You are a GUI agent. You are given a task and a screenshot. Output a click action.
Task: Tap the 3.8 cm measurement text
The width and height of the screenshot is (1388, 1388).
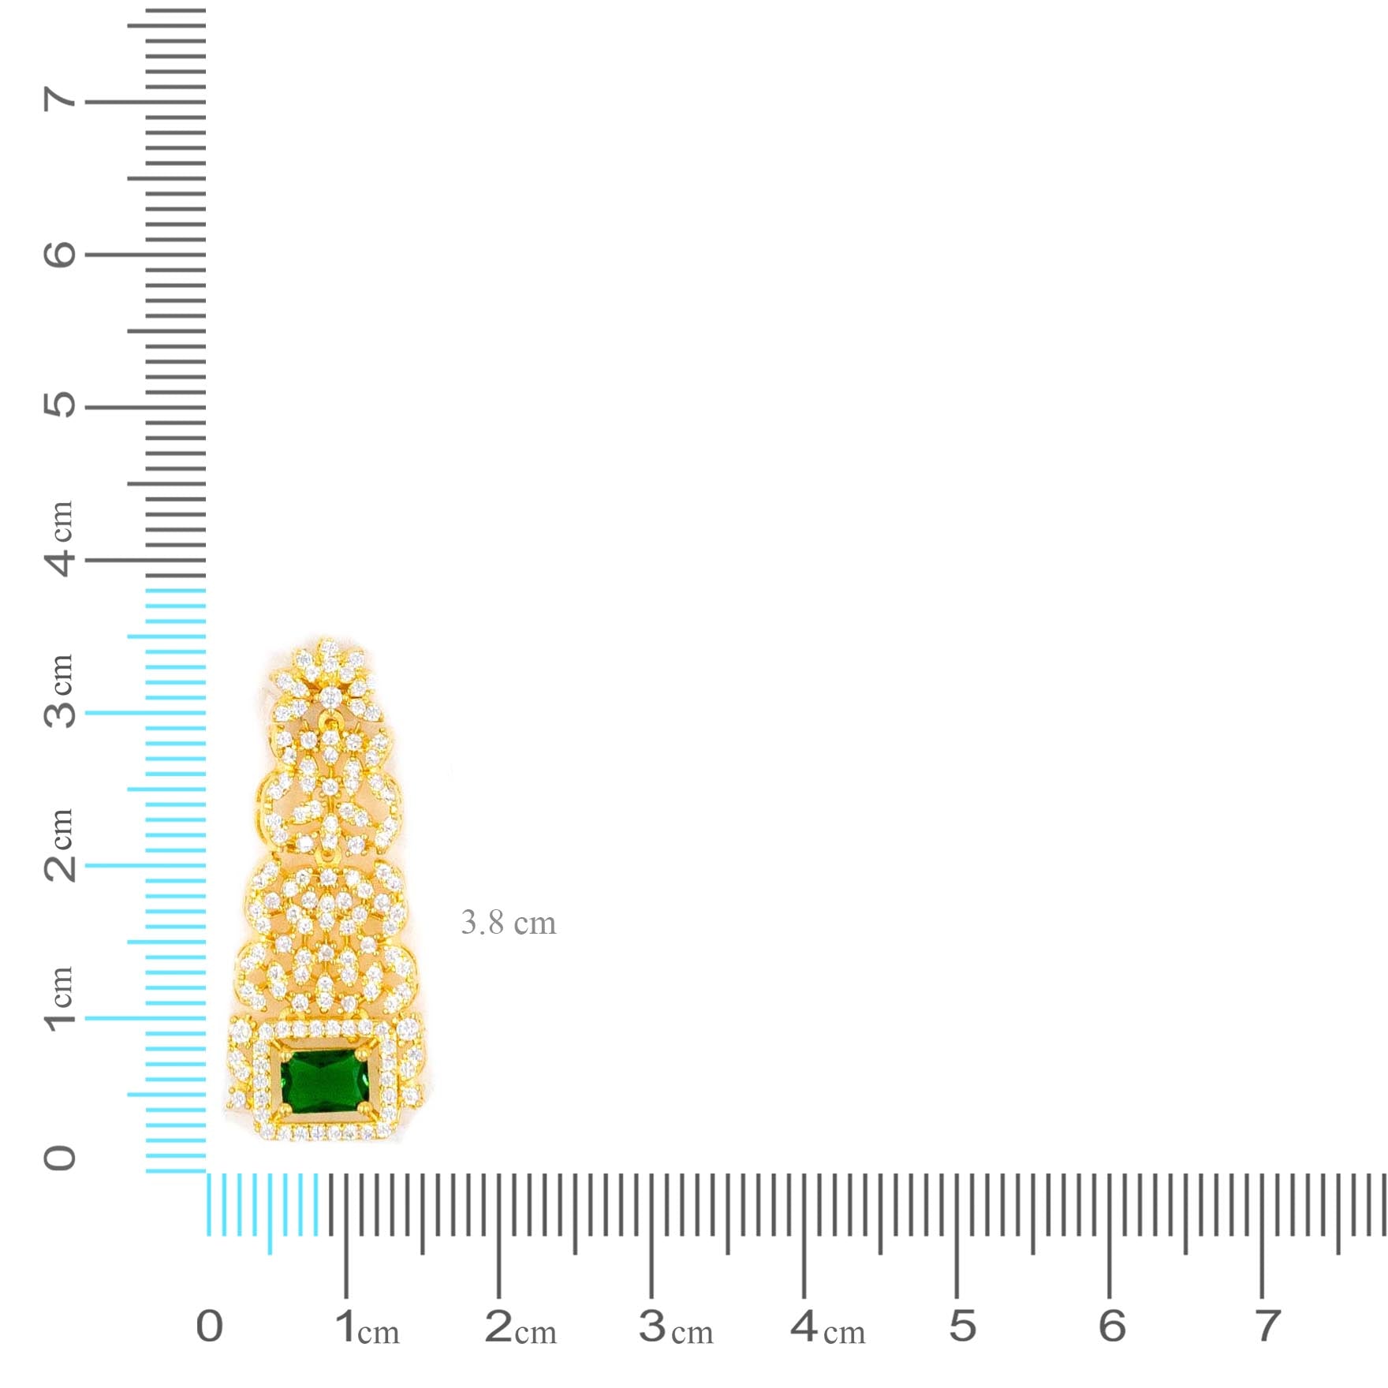pos(509,923)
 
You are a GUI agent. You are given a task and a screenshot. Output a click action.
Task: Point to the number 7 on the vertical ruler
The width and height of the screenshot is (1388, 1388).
pos(60,100)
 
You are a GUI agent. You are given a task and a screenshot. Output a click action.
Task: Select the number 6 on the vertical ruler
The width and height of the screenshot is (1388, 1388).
pos(60,254)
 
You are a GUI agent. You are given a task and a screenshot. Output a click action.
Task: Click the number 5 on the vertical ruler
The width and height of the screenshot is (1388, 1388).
pos(60,405)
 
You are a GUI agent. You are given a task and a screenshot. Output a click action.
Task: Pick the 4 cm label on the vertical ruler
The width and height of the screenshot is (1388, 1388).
pos(60,539)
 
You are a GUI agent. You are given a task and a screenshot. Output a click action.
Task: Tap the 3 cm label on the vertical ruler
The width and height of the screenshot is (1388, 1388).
pos(60,691)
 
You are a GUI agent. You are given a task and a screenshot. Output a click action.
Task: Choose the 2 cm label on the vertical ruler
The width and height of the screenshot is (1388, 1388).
pos(60,845)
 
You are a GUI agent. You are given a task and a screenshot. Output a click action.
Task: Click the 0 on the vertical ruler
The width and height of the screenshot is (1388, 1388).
pos(60,1158)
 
